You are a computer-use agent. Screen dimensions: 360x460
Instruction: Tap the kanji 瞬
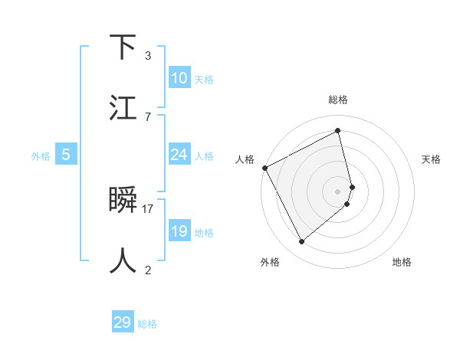[123, 200]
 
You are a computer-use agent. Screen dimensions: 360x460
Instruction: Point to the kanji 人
[123, 260]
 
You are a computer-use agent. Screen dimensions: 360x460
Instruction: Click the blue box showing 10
[179, 78]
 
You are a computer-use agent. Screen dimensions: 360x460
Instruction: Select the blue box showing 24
[179, 155]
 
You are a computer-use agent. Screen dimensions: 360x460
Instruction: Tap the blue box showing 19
[179, 231]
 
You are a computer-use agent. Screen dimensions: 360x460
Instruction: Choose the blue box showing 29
[123, 322]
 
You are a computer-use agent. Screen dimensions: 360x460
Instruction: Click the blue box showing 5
[66, 155]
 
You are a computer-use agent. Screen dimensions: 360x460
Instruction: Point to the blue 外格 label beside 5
[41, 155]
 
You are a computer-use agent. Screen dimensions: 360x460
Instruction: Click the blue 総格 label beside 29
[147, 324]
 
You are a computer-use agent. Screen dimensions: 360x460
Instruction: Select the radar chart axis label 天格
[431, 159]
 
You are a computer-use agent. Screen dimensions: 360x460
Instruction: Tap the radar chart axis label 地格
[402, 262]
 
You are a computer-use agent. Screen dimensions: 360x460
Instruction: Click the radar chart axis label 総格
[338, 100]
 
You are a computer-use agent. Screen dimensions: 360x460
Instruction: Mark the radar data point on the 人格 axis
[264, 168]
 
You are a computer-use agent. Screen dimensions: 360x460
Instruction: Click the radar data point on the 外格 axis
[301, 242]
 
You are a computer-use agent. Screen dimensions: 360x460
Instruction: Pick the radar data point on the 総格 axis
[338, 130]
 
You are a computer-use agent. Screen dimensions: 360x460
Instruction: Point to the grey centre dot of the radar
[338, 191]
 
